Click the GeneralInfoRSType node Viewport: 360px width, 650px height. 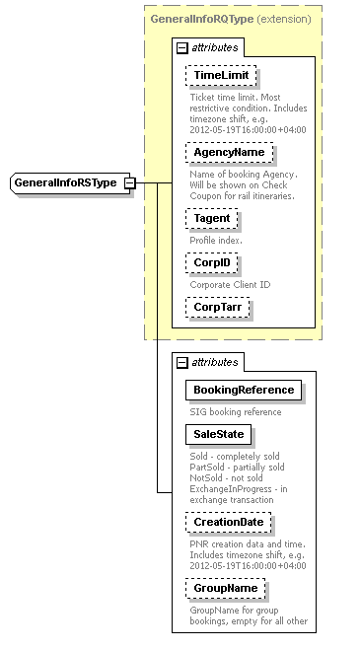click(65, 182)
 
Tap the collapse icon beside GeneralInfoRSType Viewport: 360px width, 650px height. click(129, 182)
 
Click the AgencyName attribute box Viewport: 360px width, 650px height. click(229, 153)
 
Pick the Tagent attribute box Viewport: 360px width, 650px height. click(211, 218)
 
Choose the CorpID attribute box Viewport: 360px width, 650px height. click(211, 263)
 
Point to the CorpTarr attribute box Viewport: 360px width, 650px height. click(217, 308)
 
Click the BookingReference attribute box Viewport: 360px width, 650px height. click(243, 391)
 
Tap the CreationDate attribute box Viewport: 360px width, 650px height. click(228, 522)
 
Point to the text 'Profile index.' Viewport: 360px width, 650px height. click(216, 240)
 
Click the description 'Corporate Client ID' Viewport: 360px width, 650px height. click(230, 285)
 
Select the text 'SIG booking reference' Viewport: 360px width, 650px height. click(236, 412)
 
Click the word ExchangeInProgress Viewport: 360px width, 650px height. click(229, 488)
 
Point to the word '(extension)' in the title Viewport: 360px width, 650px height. click(284, 19)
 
